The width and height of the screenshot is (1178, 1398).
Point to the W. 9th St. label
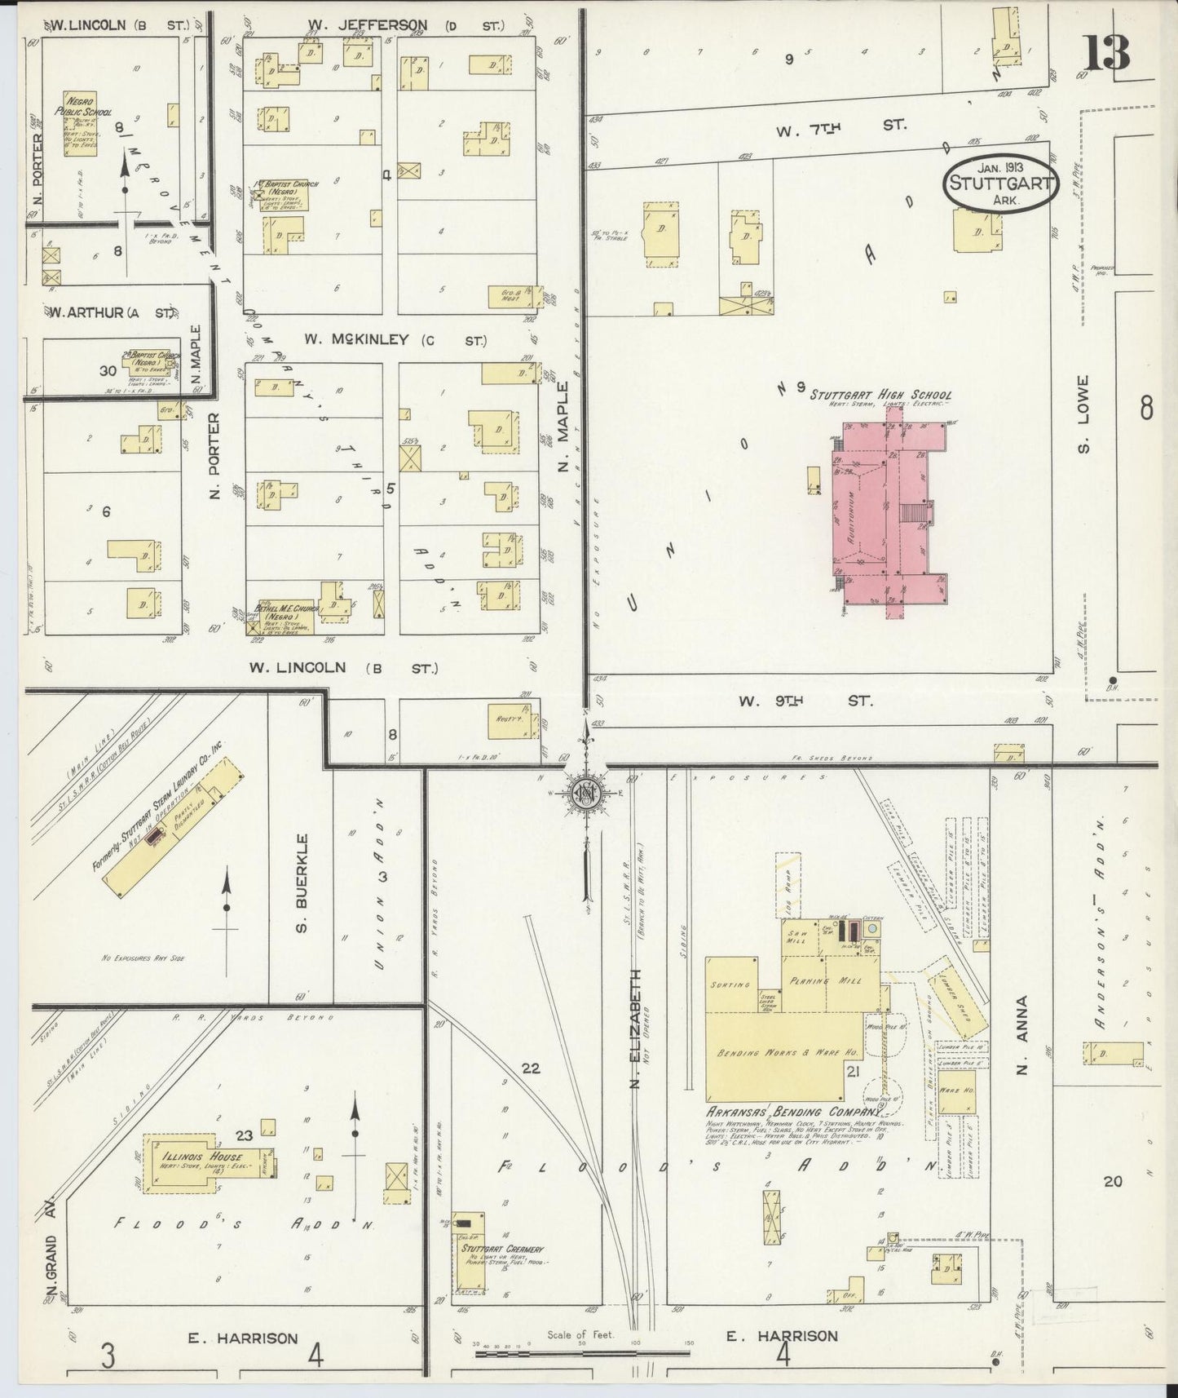pyautogui.click(x=806, y=701)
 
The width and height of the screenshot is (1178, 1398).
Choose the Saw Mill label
pyautogui.click(x=796, y=936)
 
